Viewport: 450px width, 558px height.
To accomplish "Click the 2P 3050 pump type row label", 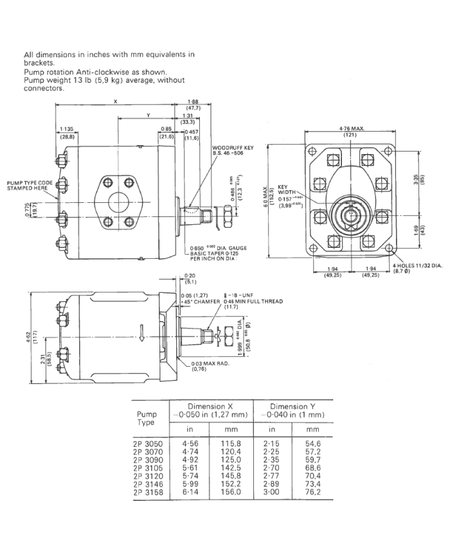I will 148,443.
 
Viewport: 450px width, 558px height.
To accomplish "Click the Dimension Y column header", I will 292,407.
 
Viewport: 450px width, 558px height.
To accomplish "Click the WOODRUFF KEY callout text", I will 233,148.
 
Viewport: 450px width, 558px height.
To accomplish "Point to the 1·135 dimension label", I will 66,129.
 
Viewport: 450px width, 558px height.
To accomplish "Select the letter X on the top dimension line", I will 114,101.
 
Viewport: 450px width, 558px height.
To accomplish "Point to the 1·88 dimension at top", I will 192,101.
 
